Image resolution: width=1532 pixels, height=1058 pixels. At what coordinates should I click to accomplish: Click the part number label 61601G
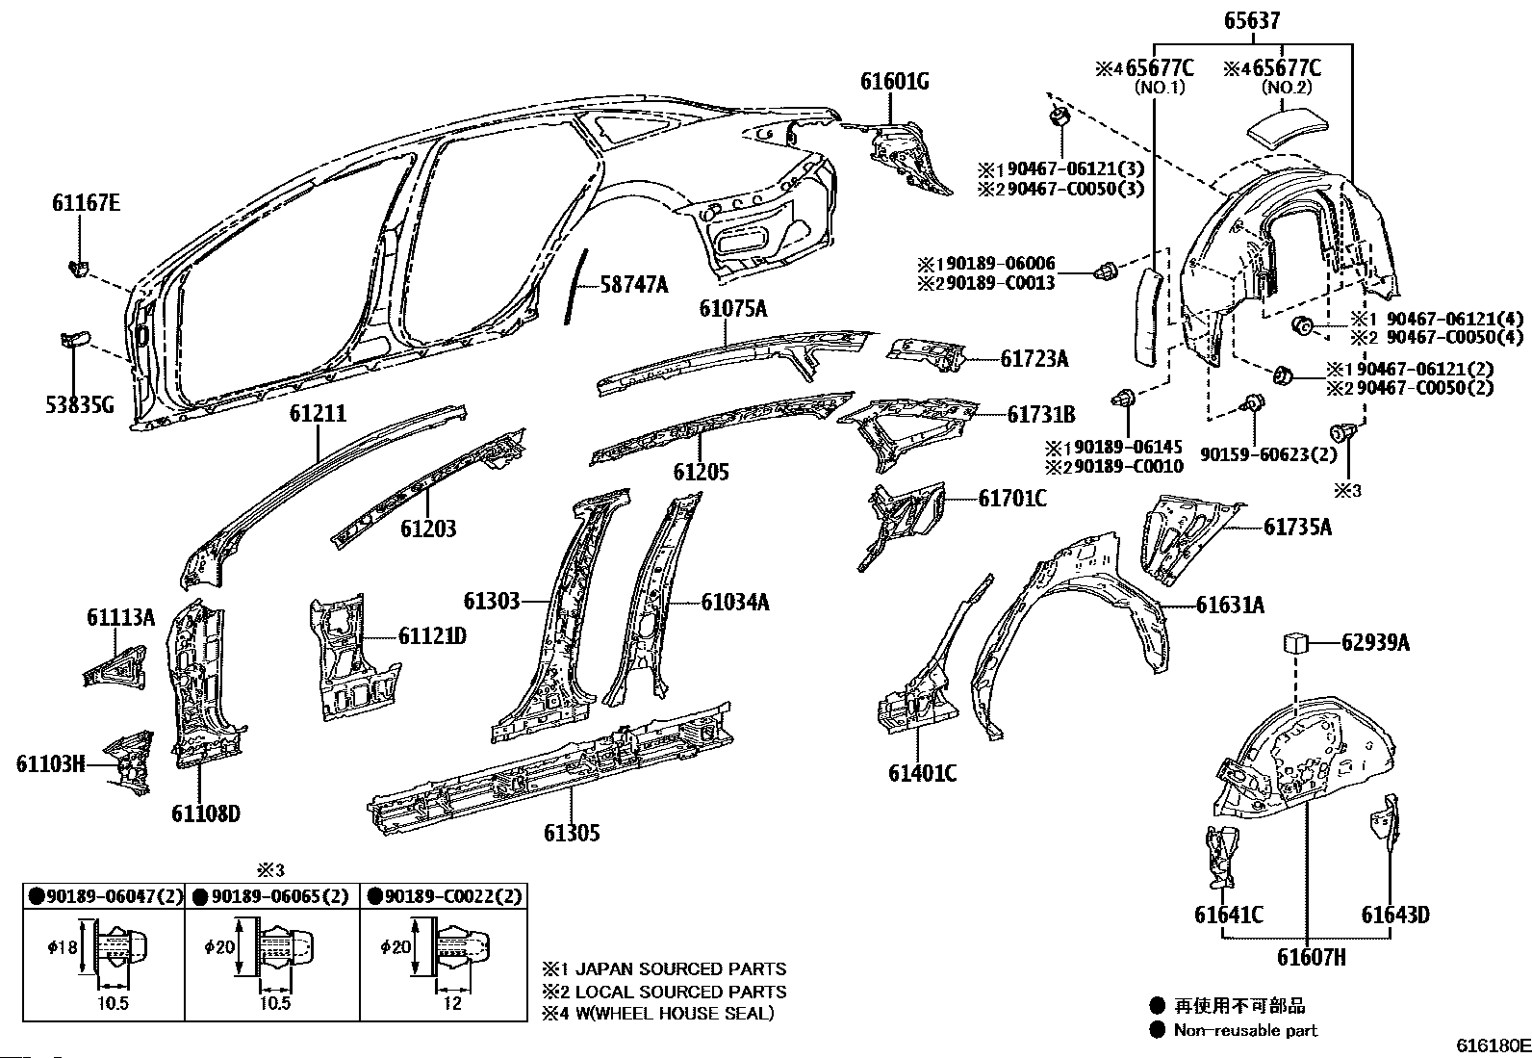pyautogui.click(x=894, y=82)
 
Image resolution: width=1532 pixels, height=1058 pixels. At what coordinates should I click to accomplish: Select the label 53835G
pyautogui.click(x=78, y=405)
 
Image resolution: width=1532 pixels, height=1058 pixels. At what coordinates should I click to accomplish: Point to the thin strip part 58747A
pyautogui.click(x=577, y=285)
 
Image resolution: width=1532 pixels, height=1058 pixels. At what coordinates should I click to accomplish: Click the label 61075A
pyautogui.click(x=733, y=309)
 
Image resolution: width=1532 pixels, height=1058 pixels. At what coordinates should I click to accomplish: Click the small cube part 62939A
pyautogui.click(x=1294, y=642)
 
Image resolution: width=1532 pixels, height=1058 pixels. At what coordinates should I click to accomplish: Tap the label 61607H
pyautogui.click(x=1311, y=957)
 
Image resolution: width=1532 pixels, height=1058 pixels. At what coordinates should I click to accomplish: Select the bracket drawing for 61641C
pyautogui.click(x=1219, y=856)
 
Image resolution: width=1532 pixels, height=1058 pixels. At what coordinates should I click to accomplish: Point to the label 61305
pyautogui.click(x=572, y=833)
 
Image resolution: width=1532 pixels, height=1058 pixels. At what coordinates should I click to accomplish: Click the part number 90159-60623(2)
pyautogui.click(x=1268, y=453)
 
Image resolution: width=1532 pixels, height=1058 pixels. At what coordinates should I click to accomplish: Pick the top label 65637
pyautogui.click(x=1253, y=18)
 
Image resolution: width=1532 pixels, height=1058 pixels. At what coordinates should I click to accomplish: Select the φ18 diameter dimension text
pyautogui.click(x=61, y=947)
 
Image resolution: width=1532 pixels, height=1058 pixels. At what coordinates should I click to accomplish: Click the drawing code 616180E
pyautogui.click(x=1492, y=1045)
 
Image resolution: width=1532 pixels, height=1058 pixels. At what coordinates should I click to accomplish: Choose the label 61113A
pyautogui.click(x=120, y=617)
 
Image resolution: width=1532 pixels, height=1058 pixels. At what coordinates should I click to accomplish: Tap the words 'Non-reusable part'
pyautogui.click(x=1245, y=1030)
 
